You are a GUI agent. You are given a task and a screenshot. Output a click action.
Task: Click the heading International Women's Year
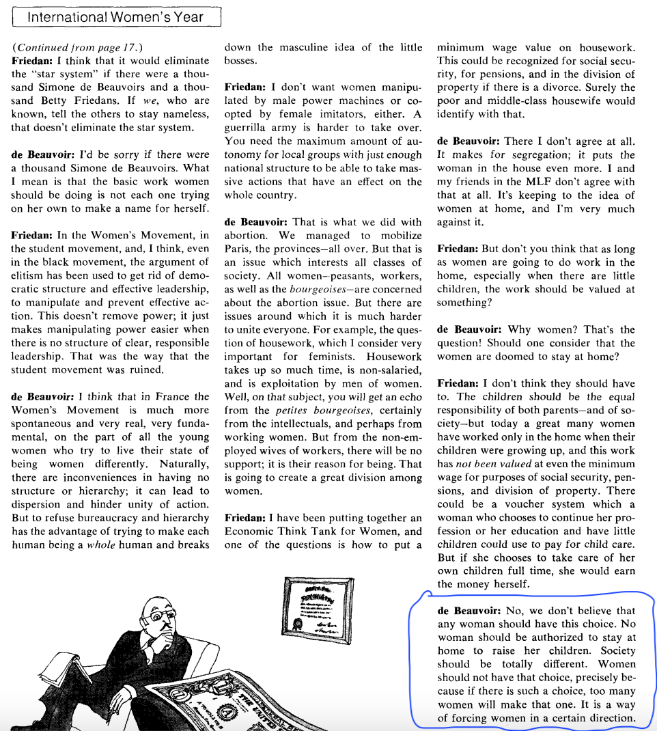coord(115,16)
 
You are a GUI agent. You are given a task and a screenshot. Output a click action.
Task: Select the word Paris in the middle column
coord(238,249)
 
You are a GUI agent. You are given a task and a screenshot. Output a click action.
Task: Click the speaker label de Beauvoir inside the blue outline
coord(469,611)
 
